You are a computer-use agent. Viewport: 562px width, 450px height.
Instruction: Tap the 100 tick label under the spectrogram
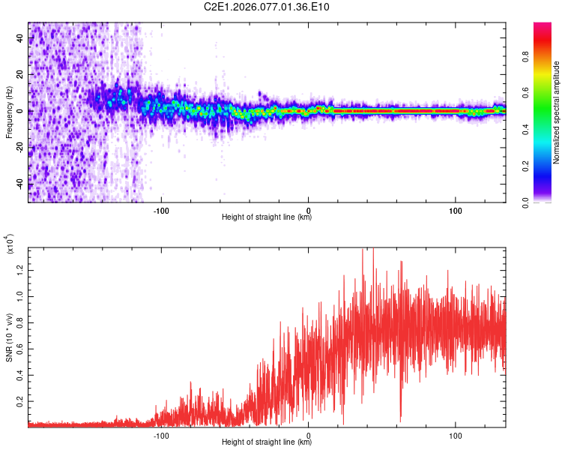456,209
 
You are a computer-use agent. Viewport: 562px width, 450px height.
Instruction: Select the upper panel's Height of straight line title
267,217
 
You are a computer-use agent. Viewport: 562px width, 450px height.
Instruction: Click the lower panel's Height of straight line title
267,442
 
